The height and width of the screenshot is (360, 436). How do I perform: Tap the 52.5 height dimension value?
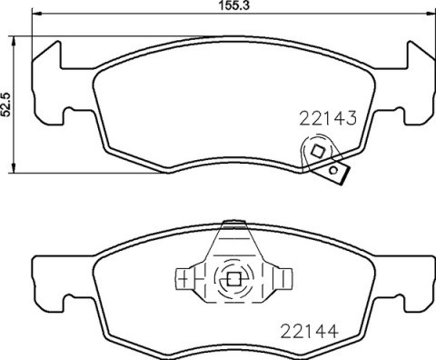coord(7,100)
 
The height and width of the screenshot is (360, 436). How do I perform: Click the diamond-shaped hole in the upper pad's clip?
coord(318,150)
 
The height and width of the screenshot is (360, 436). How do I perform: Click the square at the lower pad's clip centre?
coord(232,280)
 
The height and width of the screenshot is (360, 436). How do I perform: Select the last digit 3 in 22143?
coord(348,117)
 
